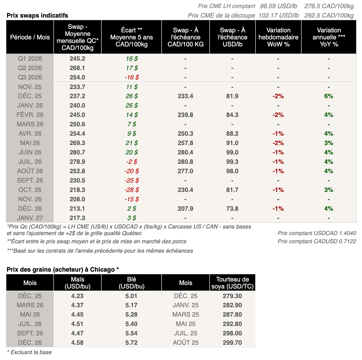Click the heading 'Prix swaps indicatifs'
coord(37,16)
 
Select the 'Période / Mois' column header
coord(30,37)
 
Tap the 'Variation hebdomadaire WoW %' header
coord(278,37)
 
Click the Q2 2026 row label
coord(30,68)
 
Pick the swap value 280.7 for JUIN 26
coord(77,152)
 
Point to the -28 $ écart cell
coord(132,190)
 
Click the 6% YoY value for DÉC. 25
coord(329,96)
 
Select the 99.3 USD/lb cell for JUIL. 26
coord(232,162)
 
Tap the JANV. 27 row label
coord(30,218)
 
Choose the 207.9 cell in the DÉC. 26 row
coord(185,208)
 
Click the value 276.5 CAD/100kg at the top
coord(329,6)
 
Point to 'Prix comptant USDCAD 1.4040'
coord(317,233)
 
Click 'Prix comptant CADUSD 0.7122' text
coord(317,241)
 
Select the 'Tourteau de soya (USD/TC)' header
coord(233,283)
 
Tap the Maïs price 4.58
coord(77,342)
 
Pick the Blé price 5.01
coord(131,296)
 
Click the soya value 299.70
coord(233,342)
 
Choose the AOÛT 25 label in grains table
coord(186,342)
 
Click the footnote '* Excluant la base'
coord(29,352)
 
